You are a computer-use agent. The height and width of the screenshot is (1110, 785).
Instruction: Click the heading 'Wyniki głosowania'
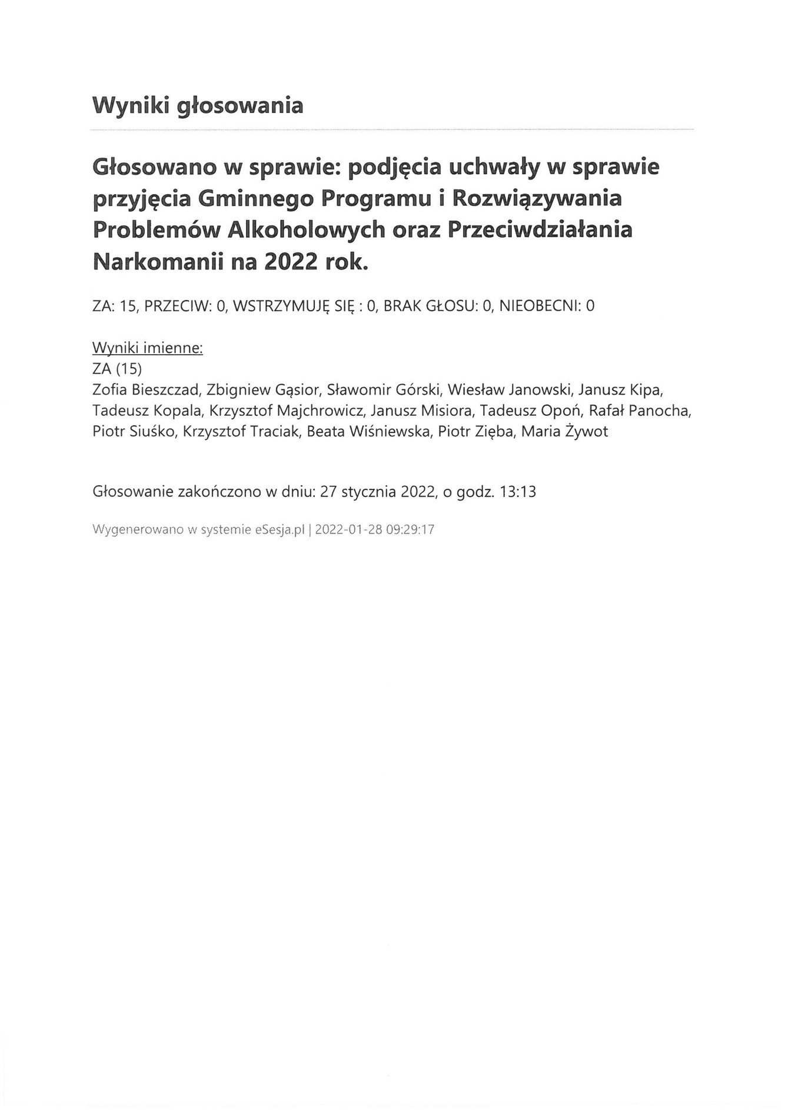pos(198,106)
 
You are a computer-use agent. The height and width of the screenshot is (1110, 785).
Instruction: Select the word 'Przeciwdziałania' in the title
pos(540,229)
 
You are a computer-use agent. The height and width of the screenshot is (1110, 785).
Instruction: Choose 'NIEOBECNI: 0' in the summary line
pos(547,306)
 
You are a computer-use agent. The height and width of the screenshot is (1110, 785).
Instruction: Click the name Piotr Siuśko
pos(134,431)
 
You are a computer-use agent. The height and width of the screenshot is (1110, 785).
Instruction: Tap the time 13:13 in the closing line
pos(517,492)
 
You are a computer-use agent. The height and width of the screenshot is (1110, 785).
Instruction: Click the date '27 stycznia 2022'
pos(377,492)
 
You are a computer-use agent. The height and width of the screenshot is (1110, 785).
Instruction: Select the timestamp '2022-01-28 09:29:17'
pos(375,529)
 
